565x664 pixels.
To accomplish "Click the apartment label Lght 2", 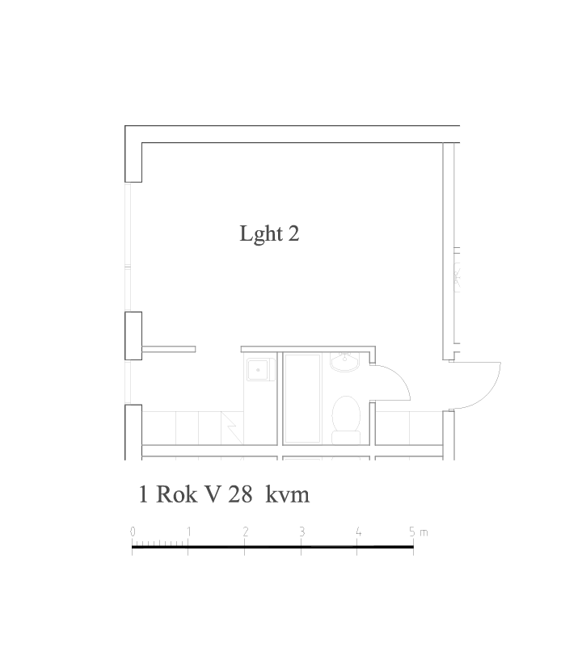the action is [270, 233].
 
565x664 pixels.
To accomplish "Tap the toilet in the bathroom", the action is [346, 420].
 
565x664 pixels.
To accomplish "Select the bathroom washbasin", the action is [344, 362].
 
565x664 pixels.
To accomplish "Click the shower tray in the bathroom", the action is [302, 398].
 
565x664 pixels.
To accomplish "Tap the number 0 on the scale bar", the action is [133, 532].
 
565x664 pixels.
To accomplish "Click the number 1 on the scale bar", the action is [188, 532].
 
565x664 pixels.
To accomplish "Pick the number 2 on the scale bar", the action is [246, 532].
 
